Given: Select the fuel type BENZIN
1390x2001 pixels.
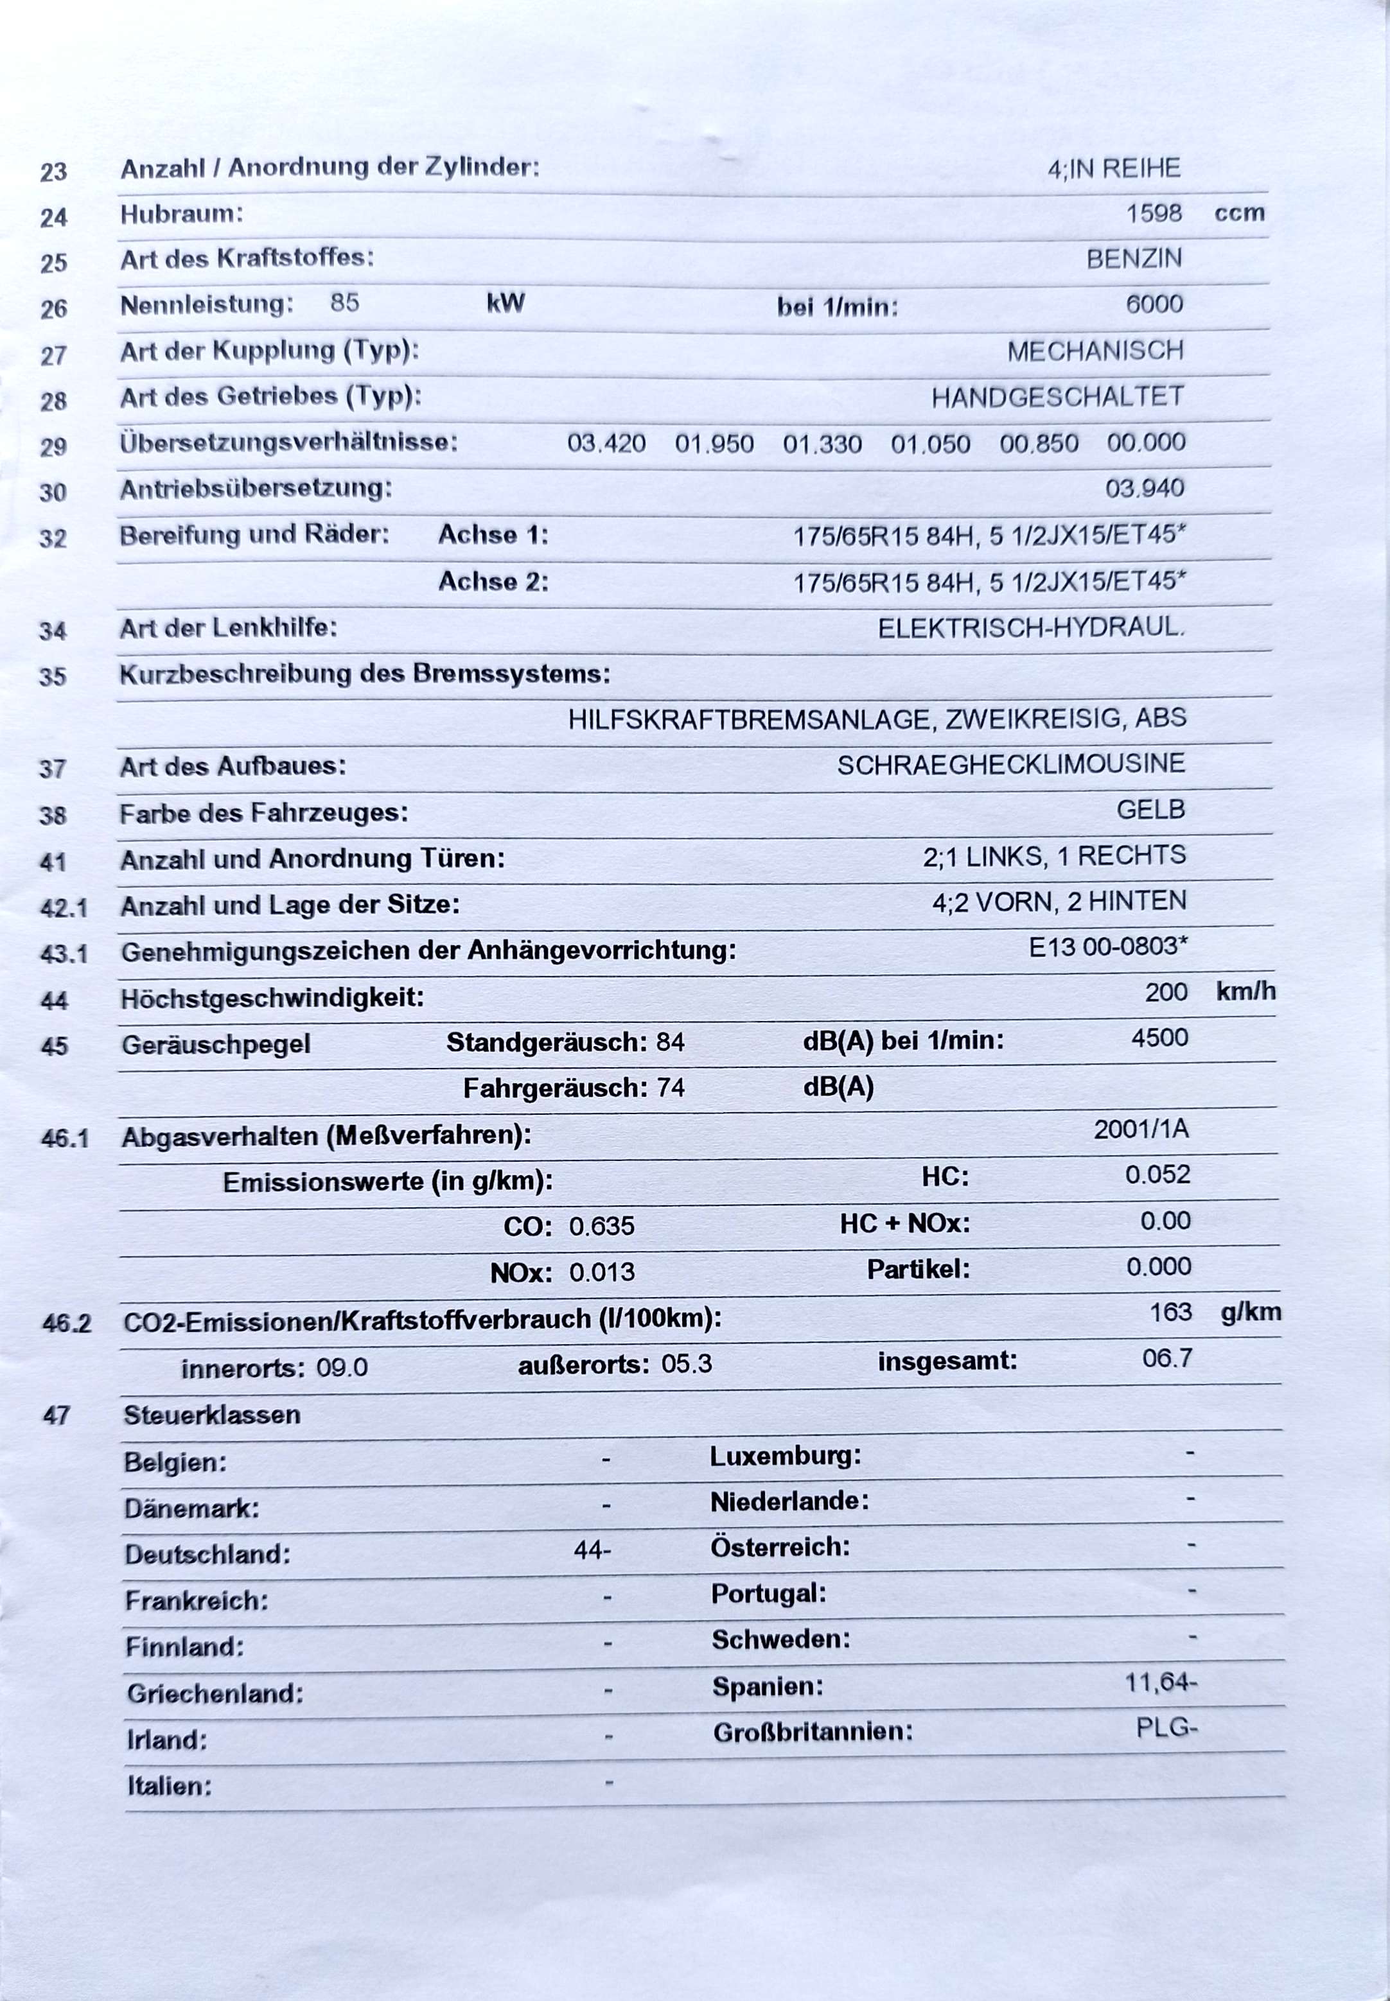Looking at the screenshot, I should (x=1133, y=259).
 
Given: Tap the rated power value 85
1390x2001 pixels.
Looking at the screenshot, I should (x=344, y=303).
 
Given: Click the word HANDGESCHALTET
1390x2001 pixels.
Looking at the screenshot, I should (x=1057, y=397).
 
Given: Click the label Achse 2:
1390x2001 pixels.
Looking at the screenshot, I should (x=493, y=582).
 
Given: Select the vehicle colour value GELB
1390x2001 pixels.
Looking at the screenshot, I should (x=1150, y=810).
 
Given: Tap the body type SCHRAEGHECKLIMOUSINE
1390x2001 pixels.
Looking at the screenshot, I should (x=1010, y=765).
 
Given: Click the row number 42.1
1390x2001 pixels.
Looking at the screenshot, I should (x=64, y=908).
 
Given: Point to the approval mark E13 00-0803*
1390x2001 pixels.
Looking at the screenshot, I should (x=1108, y=947).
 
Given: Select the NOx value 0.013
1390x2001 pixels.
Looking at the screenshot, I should (x=601, y=1272).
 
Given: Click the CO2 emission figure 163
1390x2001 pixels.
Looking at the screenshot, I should (x=1170, y=1312).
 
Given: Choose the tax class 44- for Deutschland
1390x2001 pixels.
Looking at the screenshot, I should (x=592, y=1550).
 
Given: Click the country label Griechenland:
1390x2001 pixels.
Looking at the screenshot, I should (x=215, y=1693).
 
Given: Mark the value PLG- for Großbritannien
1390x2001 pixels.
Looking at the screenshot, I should (x=1166, y=1727).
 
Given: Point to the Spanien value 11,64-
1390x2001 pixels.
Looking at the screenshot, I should (x=1160, y=1682).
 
